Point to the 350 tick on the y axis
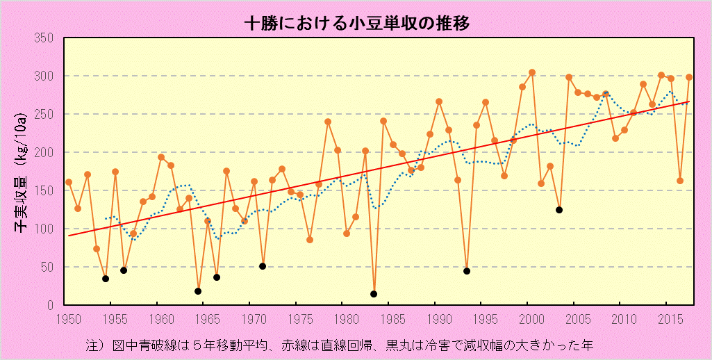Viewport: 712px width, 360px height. [44, 38]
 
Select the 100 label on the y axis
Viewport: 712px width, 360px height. [44, 229]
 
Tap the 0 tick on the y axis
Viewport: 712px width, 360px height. [51, 305]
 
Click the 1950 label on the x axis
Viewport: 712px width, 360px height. [68, 319]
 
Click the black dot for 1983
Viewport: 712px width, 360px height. [374, 294]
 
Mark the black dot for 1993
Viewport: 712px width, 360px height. [467, 271]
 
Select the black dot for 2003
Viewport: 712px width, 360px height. [559, 210]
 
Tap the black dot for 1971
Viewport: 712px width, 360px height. [263, 266]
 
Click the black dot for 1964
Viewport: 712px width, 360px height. [198, 291]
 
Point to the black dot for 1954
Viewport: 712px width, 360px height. [106, 279]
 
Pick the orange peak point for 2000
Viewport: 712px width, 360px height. [532, 72]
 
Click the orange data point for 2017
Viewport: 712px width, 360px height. [689, 77]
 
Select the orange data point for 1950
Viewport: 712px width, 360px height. [69, 182]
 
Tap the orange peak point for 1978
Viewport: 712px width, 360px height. [328, 122]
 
